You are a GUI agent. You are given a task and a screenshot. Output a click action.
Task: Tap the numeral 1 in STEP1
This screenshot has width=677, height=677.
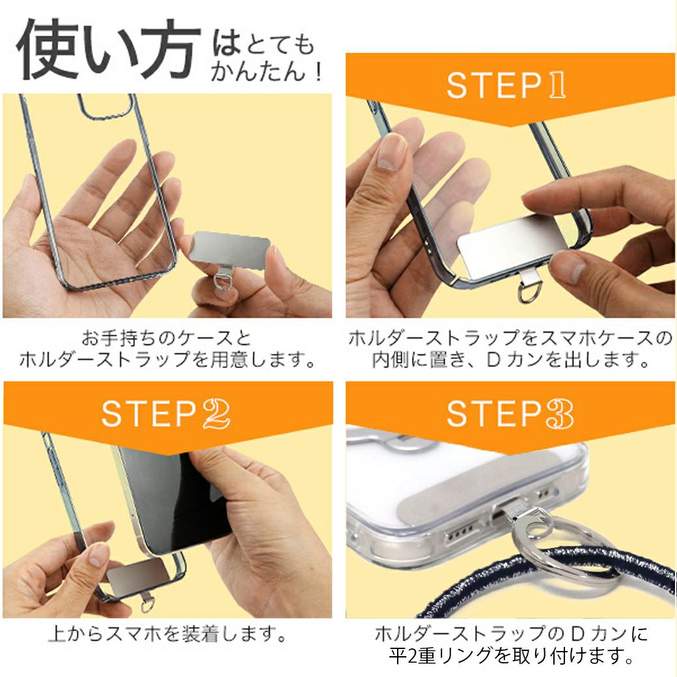(557, 85)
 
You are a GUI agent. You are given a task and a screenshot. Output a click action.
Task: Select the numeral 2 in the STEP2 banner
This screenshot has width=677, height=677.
(216, 413)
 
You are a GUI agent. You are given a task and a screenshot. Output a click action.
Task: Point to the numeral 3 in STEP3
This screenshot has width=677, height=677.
(560, 413)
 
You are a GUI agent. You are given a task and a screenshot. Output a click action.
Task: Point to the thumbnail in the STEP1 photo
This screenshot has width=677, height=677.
(391, 151)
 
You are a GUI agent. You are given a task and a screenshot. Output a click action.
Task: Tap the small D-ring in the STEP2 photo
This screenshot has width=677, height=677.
(148, 605)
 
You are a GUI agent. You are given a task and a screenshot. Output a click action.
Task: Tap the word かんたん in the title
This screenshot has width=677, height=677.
(258, 71)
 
